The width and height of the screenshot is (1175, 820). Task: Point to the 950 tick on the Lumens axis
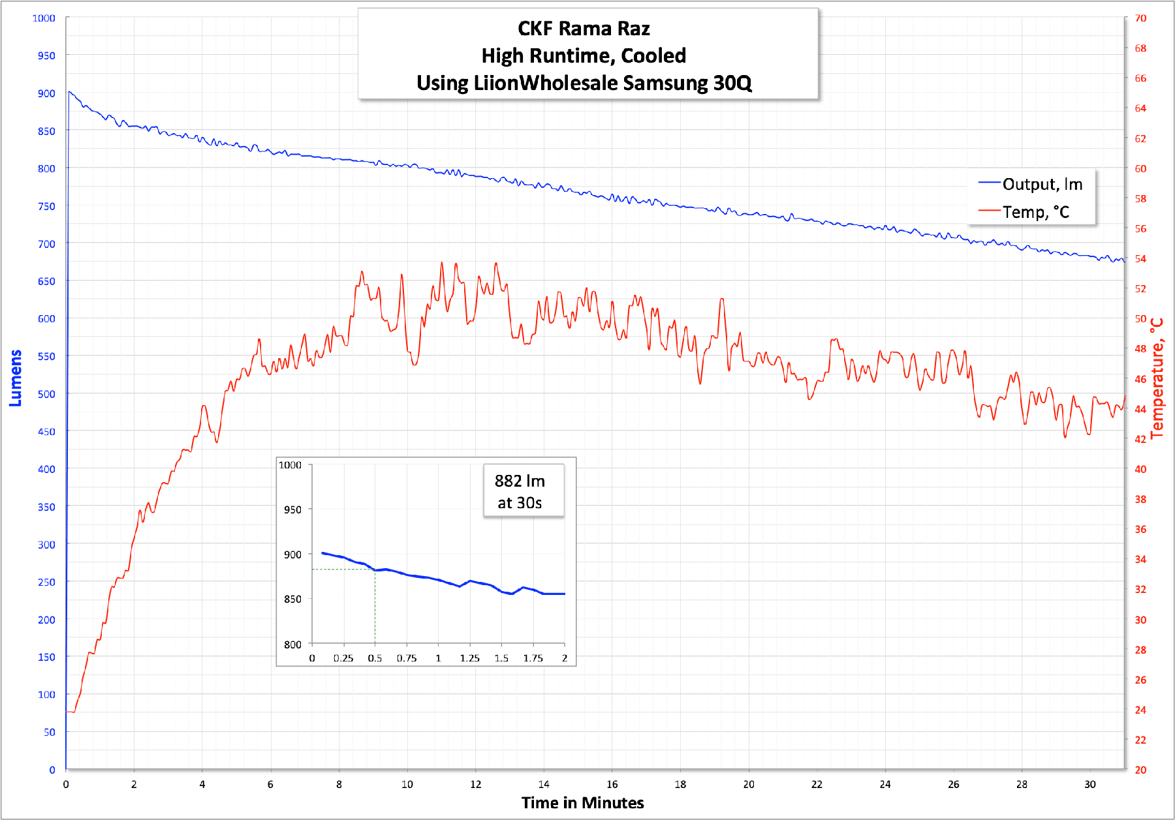pos(46,55)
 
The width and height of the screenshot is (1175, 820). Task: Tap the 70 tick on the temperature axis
pos(1140,18)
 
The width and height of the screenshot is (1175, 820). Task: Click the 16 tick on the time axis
pos(612,784)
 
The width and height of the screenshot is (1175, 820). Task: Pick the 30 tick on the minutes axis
pos(1090,784)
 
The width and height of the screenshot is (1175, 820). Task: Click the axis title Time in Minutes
pos(582,803)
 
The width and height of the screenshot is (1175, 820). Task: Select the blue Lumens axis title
pos(16,378)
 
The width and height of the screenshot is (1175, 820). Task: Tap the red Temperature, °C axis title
pos(1157,378)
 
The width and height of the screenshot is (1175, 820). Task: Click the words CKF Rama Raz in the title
pos(584,29)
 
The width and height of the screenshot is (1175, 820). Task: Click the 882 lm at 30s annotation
pos(520,491)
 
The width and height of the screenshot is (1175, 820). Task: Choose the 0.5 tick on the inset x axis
pos(375,658)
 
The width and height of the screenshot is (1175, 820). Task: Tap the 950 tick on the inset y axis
pos(292,509)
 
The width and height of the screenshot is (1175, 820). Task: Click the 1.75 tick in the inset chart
pos(533,658)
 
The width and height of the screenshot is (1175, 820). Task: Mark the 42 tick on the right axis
pos(1140,439)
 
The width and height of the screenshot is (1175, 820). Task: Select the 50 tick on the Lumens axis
pos(50,732)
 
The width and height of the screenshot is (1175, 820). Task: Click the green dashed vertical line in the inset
pos(375,607)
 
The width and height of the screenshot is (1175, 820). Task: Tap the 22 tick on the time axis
pos(817,784)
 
